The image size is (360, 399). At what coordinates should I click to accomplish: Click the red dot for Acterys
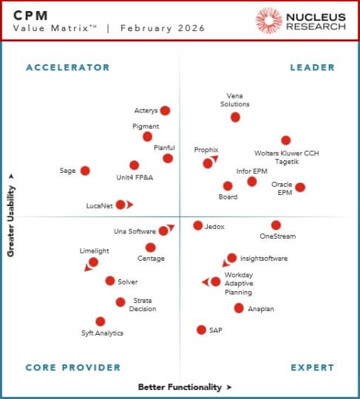click(165, 111)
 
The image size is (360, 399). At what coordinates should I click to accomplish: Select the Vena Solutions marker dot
click(235, 117)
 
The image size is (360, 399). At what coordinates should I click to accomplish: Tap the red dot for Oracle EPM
click(300, 187)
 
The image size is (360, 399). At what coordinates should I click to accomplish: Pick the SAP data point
click(201, 330)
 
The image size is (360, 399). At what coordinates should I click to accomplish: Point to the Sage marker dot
click(85, 171)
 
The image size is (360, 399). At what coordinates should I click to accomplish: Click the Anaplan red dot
click(239, 308)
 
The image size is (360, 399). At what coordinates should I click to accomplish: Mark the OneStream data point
click(276, 225)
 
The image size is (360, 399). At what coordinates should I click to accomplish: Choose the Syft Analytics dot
click(101, 321)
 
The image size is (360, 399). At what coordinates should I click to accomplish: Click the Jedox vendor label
click(214, 226)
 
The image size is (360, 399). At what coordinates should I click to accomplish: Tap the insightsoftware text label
click(264, 259)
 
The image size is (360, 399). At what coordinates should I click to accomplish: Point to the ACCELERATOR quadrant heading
click(67, 67)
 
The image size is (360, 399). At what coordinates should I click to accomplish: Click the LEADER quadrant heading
click(312, 67)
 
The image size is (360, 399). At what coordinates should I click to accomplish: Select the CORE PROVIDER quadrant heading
click(72, 367)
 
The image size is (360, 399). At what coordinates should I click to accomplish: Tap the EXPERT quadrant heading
click(312, 367)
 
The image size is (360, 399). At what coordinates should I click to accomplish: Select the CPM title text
click(34, 14)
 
